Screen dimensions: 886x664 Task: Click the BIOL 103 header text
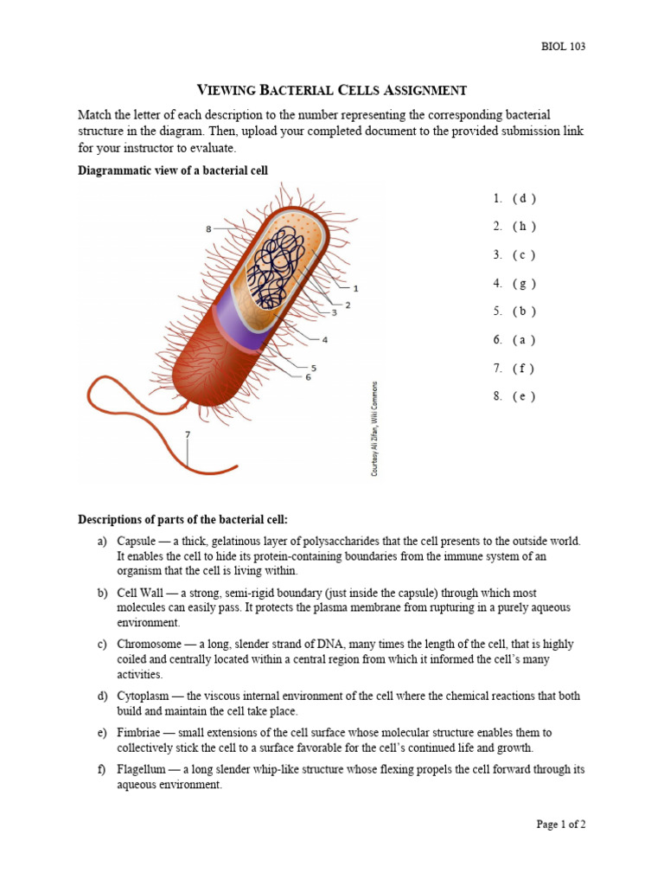(x=561, y=47)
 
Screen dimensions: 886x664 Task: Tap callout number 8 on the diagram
(x=208, y=229)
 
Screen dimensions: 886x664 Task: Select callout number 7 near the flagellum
(x=187, y=433)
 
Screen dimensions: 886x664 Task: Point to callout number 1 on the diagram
(x=355, y=287)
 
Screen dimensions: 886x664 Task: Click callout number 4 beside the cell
(x=325, y=339)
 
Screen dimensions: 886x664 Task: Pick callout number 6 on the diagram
(x=308, y=377)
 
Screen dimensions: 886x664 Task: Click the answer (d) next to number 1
(x=524, y=198)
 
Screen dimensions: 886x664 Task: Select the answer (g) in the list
(x=524, y=283)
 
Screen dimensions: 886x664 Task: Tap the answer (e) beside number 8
(x=524, y=396)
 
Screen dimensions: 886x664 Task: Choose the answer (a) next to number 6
(x=524, y=340)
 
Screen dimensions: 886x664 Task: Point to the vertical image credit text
(x=374, y=429)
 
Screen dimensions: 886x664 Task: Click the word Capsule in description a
(x=137, y=541)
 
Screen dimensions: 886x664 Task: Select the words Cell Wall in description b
(x=144, y=593)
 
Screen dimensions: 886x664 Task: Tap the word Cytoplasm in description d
(x=144, y=696)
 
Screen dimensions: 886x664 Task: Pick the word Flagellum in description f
(x=143, y=769)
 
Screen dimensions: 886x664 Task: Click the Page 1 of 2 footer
(x=560, y=825)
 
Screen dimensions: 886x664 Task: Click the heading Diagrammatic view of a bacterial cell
(x=173, y=170)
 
